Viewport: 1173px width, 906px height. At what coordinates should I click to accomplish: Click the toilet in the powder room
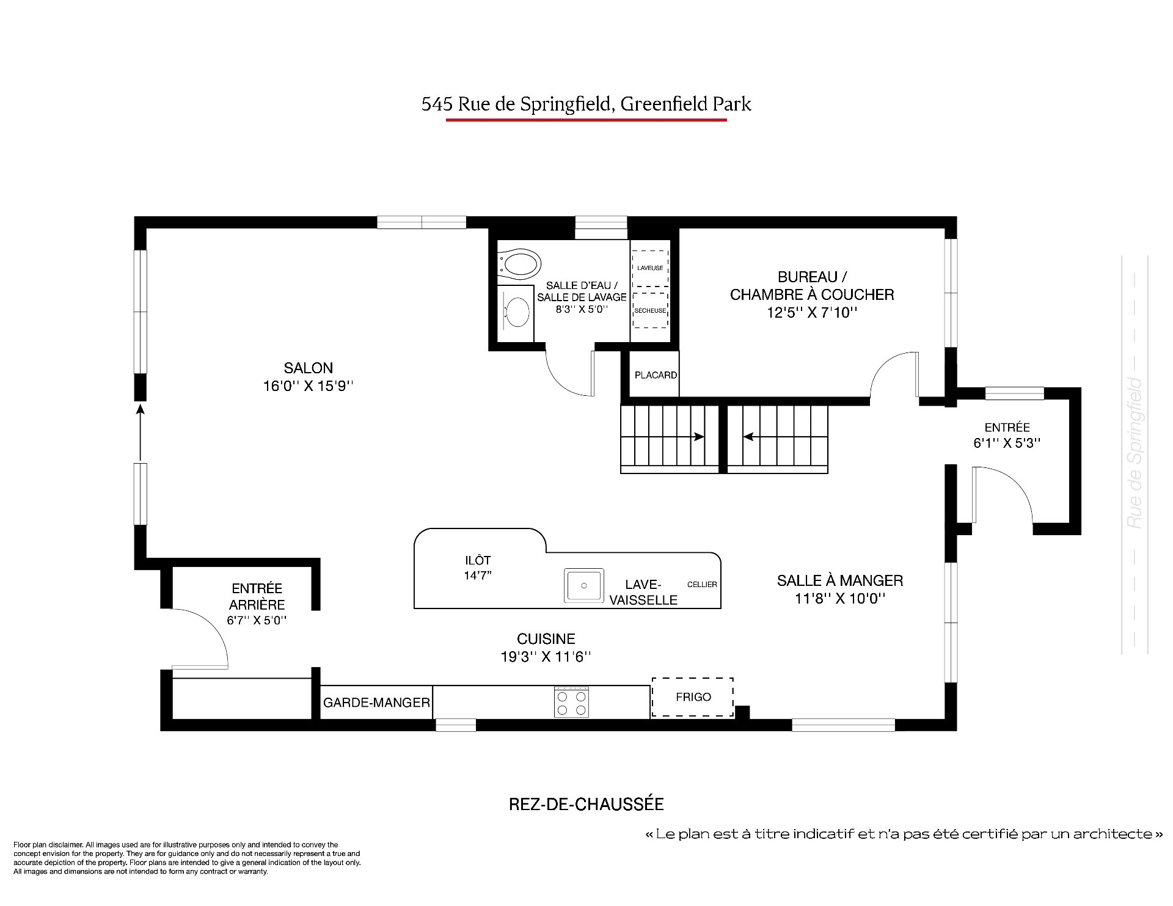tap(520, 264)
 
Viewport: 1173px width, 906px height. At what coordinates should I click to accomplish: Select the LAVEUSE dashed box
tap(649, 268)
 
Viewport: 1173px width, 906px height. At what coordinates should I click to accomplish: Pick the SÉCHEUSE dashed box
tap(650, 310)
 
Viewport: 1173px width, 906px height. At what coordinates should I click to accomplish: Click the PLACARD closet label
tap(656, 375)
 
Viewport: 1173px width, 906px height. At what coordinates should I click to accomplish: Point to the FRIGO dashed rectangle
tap(693, 697)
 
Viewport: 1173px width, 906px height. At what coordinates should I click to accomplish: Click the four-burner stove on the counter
tap(571, 702)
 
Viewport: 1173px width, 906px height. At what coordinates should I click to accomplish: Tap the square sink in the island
tap(583, 586)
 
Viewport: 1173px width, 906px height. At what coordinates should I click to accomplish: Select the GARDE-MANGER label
tap(376, 703)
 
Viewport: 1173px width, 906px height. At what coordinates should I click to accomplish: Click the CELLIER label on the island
tap(702, 585)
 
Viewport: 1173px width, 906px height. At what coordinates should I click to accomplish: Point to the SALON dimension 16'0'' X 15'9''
tap(309, 386)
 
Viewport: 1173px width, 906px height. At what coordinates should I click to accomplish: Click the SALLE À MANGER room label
tap(840, 580)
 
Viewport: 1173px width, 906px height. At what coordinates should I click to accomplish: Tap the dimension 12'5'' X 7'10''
tap(812, 313)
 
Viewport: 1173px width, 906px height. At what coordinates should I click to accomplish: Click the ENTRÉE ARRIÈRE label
tap(257, 596)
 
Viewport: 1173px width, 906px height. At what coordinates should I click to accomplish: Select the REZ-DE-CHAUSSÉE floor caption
tap(586, 804)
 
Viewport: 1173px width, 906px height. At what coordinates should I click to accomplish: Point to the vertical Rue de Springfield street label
tap(1135, 453)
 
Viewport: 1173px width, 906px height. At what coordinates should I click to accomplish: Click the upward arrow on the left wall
tap(141, 433)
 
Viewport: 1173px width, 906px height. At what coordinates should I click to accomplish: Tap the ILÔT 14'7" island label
tap(478, 568)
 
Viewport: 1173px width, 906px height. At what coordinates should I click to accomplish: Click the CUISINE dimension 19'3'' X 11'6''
tap(546, 657)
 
